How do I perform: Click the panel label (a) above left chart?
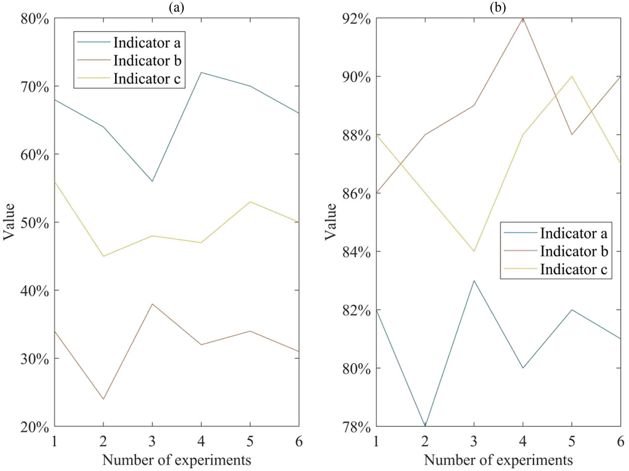177,8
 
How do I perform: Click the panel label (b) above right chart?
498,8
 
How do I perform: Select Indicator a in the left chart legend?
147,42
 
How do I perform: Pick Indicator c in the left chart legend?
147,78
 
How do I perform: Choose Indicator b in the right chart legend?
574,251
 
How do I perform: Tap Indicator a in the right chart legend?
573,233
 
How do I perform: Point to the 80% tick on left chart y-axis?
35,19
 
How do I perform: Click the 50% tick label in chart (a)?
35,223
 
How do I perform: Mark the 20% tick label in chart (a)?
35,427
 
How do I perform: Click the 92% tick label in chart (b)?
356,19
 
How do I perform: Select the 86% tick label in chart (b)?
356,194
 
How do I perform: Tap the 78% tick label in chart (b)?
356,427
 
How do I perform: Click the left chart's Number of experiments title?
177,460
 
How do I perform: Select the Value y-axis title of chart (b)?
331,222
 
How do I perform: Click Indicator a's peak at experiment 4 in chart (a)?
201,72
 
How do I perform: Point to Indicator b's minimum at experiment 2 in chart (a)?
103,399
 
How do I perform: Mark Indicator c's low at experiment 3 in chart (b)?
474,251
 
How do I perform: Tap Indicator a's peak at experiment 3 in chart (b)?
474,280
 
